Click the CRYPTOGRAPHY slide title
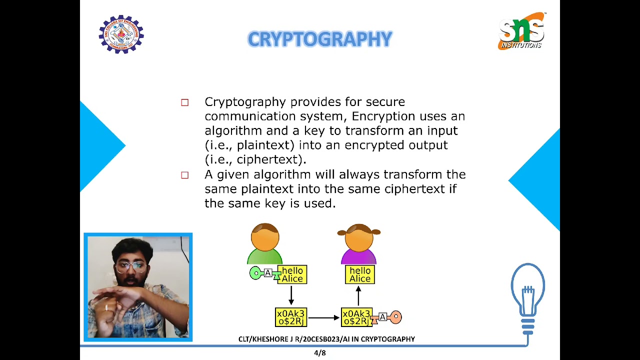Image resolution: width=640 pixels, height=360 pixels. pos(319,39)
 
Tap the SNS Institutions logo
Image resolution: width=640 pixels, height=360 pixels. pos(521,31)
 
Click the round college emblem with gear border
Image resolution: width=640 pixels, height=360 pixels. pos(121,34)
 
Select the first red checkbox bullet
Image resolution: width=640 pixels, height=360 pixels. pos(185,102)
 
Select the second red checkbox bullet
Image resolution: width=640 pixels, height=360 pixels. pos(185,175)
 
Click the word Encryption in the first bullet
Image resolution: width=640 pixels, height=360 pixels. pos(383,116)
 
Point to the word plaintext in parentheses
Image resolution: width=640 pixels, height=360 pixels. pos(265,145)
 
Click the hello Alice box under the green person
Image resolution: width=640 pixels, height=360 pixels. pos(292,274)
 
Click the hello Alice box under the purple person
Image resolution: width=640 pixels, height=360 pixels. pos(360,274)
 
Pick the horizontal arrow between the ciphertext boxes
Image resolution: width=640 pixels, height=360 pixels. pos(323,317)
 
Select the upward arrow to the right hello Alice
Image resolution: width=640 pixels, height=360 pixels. pos(358,296)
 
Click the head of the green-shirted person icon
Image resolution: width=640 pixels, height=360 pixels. pos(265,237)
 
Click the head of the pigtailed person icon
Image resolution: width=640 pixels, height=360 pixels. pos(359,238)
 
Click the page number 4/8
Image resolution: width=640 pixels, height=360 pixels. pos(319,353)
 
